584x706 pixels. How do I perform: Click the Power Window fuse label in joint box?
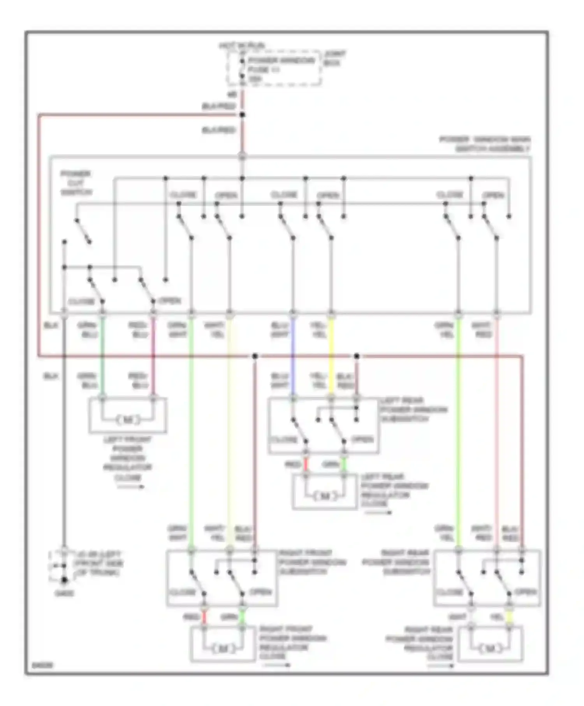pos(281,65)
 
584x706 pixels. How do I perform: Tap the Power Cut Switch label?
pos(76,183)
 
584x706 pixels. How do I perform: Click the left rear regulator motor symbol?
pos(325,496)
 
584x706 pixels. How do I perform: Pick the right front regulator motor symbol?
pos(223,649)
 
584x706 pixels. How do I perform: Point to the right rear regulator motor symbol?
pos(490,648)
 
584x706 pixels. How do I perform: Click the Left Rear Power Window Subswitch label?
pos(413,410)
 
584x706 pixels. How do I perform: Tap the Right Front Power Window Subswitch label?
pos(312,562)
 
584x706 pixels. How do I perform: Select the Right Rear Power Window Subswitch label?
pos(396,562)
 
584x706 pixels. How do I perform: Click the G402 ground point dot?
pos(64,580)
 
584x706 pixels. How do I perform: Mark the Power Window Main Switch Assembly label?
pos(485,144)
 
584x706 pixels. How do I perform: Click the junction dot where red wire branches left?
pos(242,115)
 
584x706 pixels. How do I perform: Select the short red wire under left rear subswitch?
pos(306,464)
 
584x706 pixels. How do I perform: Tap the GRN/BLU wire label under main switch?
pos(87,330)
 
